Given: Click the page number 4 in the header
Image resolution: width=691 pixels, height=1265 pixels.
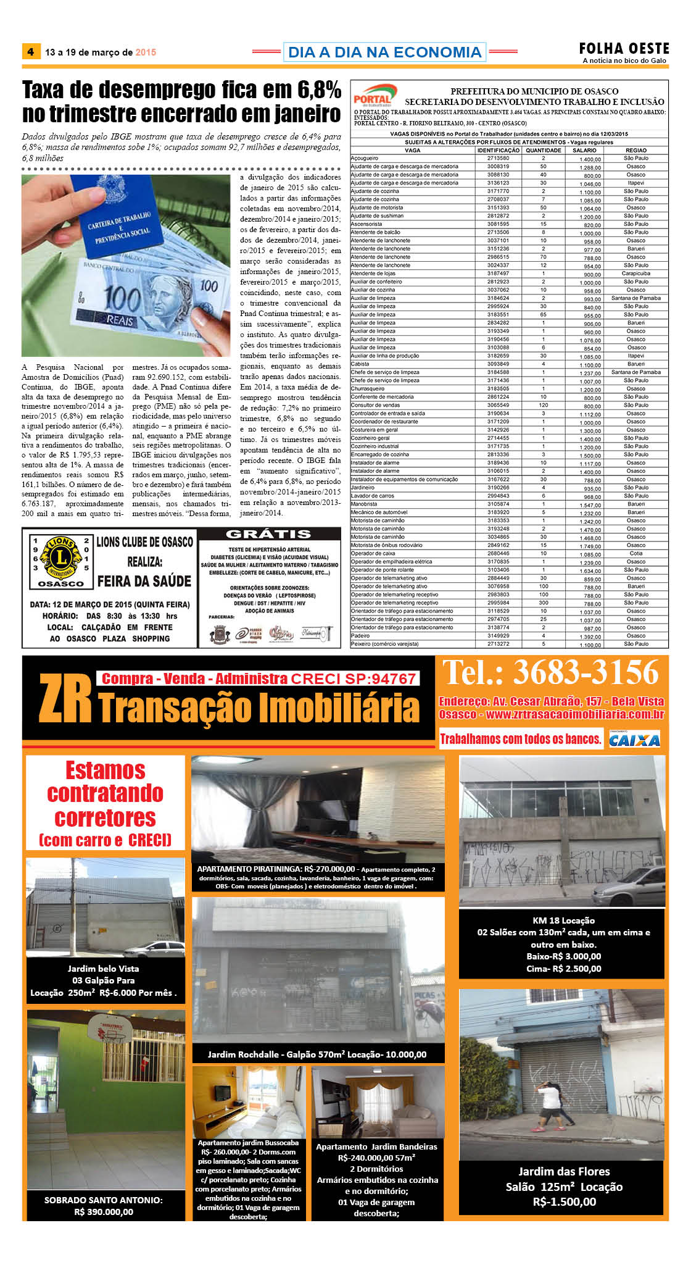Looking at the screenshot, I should point(30,52).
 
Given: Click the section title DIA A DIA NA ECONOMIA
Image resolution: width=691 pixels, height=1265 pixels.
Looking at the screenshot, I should point(384,52).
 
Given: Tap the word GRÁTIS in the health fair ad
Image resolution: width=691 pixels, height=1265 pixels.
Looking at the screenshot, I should point(268,534).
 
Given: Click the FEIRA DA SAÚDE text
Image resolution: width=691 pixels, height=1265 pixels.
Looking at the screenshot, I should point(144,581).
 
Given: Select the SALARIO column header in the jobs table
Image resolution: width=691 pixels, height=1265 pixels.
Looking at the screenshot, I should point(584,150).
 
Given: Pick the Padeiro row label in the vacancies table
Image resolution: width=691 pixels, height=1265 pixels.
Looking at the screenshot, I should point(360,635).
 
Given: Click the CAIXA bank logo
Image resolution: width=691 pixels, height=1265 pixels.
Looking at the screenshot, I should point(634,739).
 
